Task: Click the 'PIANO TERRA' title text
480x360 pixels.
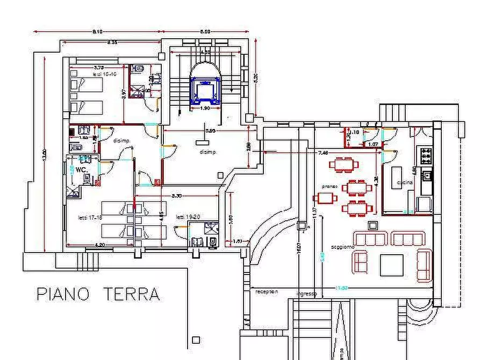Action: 98,294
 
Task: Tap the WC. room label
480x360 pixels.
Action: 82,169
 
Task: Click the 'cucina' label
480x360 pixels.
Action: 405,183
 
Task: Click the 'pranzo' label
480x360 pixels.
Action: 329,186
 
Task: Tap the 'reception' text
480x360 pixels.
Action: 267,291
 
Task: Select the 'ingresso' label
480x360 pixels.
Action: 306,294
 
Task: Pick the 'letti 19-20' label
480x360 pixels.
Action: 188,218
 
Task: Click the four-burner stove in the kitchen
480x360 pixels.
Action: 426,155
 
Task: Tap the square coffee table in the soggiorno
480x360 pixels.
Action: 391,264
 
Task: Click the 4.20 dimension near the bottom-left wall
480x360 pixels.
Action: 100,245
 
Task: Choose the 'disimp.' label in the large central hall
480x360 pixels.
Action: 207,152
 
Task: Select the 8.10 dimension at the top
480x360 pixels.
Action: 98,33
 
